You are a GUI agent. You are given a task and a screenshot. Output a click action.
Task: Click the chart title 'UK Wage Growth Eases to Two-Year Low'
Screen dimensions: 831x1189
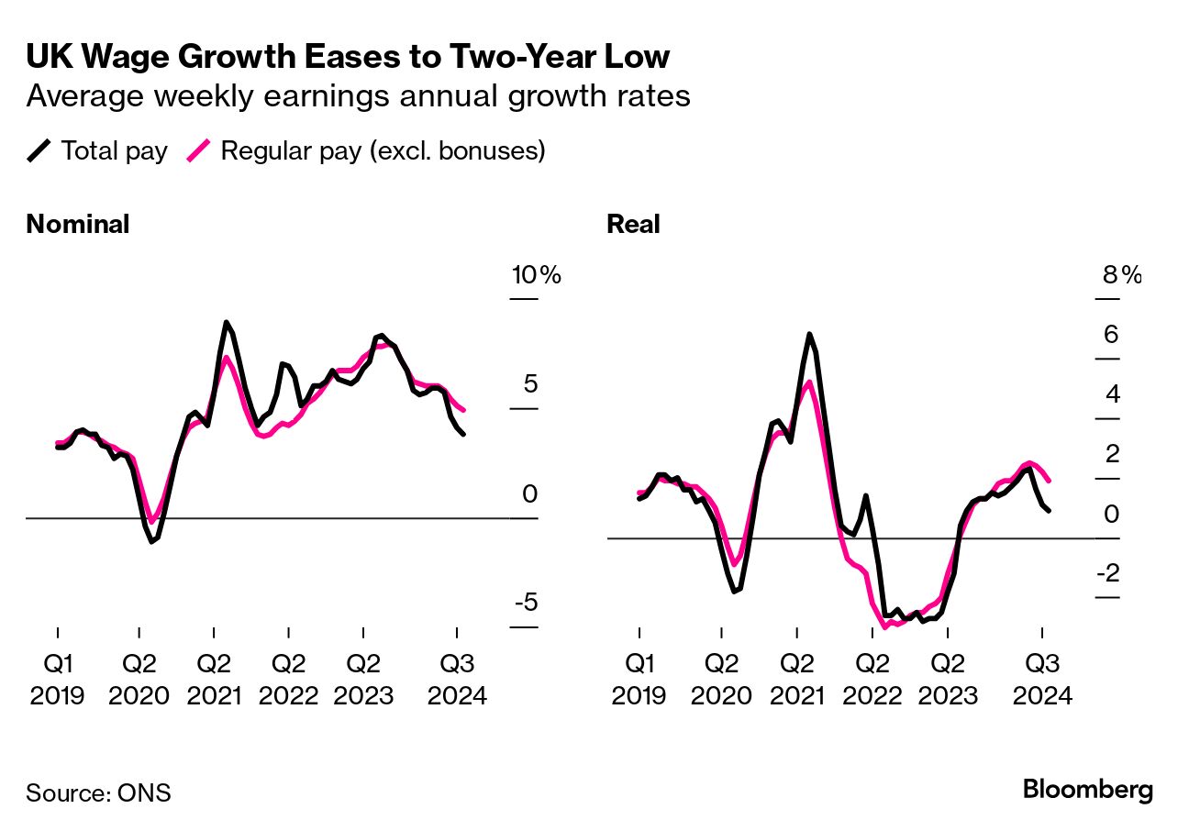348,57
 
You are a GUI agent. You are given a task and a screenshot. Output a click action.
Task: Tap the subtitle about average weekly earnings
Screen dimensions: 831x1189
358,95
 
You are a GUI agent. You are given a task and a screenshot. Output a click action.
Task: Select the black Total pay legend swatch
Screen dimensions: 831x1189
39,150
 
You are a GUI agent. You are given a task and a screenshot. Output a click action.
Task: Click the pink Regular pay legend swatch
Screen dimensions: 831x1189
199,150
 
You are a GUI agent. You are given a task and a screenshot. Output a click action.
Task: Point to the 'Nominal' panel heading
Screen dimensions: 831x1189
77,225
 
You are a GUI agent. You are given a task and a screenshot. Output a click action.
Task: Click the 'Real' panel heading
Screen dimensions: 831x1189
633,225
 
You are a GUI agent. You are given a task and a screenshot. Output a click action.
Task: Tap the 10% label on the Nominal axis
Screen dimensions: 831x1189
536,275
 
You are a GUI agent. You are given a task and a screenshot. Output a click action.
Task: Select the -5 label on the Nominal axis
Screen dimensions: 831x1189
525,604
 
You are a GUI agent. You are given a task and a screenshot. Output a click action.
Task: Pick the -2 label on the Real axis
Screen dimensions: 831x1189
1107,574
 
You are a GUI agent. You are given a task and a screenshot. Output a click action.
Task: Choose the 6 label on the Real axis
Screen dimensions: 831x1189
1111,335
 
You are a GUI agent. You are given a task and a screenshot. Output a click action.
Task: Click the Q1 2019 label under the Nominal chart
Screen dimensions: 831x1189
58,679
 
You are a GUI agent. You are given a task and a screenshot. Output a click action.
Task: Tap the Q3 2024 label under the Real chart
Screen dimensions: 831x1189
1041,679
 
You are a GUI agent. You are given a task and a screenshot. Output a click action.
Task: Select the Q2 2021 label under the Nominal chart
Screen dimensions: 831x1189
214,679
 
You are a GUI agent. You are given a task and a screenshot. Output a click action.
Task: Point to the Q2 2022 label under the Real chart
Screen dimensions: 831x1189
872,679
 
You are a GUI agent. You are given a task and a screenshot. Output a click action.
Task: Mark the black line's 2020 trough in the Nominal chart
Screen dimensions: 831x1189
151,542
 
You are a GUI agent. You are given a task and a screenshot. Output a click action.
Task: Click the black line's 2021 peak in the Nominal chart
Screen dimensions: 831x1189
226,322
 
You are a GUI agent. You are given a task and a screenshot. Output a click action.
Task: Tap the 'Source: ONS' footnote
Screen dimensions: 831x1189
98,792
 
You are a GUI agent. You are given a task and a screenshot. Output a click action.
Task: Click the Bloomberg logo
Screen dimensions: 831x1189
1088,790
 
